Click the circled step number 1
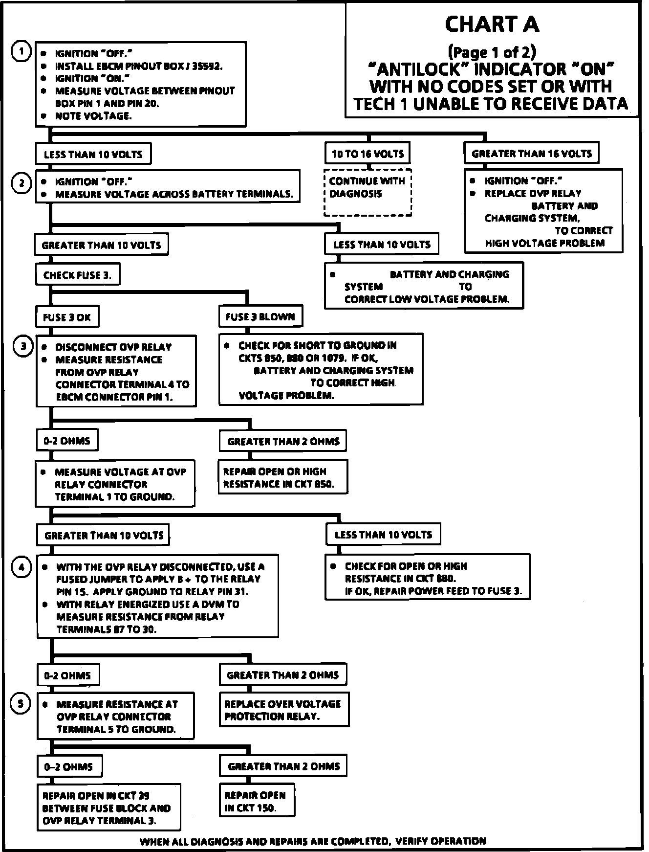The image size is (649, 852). coord(21,51)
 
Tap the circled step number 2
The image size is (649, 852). coord(22,183)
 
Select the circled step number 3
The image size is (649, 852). coord(22,346)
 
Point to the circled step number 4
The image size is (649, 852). coord(22,567)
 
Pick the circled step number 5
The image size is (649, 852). coord(21,704)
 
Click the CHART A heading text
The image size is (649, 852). coord(492,24)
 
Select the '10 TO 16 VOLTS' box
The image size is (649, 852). coord(368,154)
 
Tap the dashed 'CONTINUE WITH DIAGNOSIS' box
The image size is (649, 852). coord(368,192)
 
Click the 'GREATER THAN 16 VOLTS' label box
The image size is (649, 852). coord(531,154)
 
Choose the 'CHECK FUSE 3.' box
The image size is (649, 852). coord(77,275)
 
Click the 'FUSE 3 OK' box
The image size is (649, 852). coord(67,317)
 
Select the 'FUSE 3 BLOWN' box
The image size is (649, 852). coord(260,316)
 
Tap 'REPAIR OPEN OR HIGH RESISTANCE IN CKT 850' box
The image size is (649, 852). coord(282,477)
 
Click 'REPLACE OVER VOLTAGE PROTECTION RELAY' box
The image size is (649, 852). coord(283,710)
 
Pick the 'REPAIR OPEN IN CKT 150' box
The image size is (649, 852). coord(257,801)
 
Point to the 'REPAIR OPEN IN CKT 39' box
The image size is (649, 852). coord(108,807)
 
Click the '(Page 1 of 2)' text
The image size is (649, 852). coord(492,51)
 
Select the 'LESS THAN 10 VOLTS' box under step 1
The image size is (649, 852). coord(93,154)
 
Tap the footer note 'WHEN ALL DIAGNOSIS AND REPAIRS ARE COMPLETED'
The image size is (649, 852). coord(313,841)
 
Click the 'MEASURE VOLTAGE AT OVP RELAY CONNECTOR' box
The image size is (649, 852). coord(115,484)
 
